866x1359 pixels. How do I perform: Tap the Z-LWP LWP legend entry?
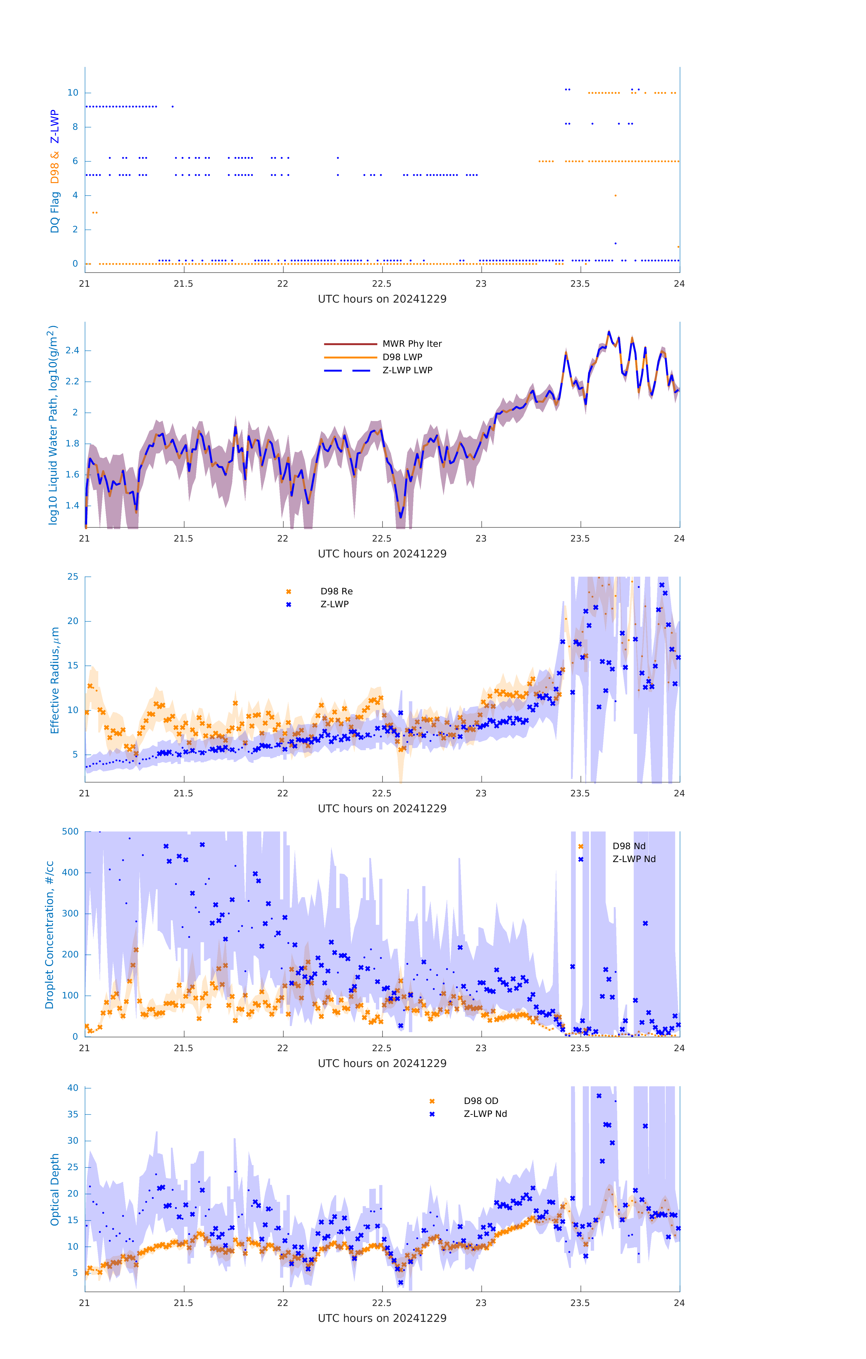(x=407, y=370)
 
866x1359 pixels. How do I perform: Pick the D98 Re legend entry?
(x=336, y=591)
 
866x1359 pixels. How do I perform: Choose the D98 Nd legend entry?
(x=629, y=846)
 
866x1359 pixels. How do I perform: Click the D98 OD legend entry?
(x=481, y=1101)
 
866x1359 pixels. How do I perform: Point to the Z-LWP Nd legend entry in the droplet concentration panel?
(x=633, y=859)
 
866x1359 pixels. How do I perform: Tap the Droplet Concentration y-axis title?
(x=50, y=935)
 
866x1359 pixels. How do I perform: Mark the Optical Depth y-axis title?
(x=55, y=1190)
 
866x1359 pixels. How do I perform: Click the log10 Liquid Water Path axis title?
(x=53, y=425)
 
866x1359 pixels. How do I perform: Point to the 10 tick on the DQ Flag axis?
(x=73, y=93)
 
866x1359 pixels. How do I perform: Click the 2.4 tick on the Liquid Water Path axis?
(x=72, y=350)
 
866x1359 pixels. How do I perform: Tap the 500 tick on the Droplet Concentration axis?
(x=70, y=831)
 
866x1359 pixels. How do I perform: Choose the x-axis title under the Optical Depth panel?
(x=382, y=1318)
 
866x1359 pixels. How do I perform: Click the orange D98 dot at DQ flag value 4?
(x=615, y=195)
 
